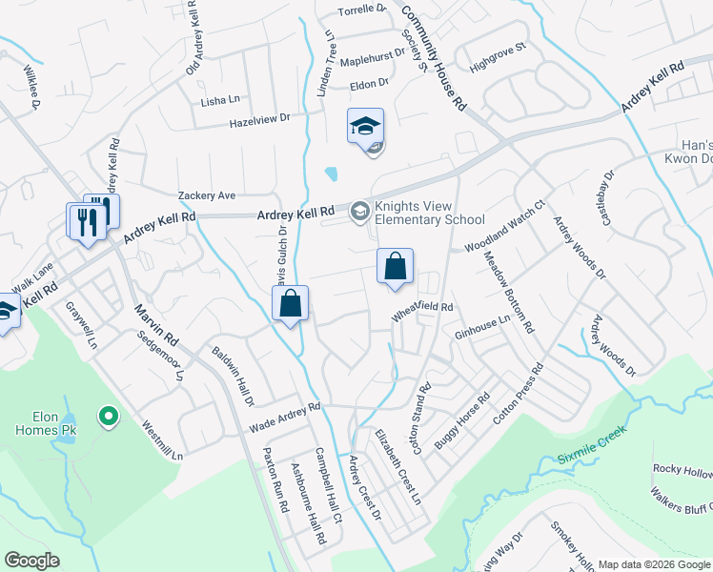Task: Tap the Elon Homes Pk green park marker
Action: tap(109, 416)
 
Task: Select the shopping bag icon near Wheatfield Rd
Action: tap(395, 268)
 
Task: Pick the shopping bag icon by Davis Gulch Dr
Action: tap(291, 305)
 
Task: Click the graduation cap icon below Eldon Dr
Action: tap(365, 126)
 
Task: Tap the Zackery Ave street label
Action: tap(207, 195)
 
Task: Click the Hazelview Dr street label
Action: tap(258, 120)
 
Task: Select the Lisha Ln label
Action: tap(219, 100)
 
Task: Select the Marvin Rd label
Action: tap(157, 325)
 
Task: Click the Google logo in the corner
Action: tap(31, 561)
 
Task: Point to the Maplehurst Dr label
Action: tap(373, 58)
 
